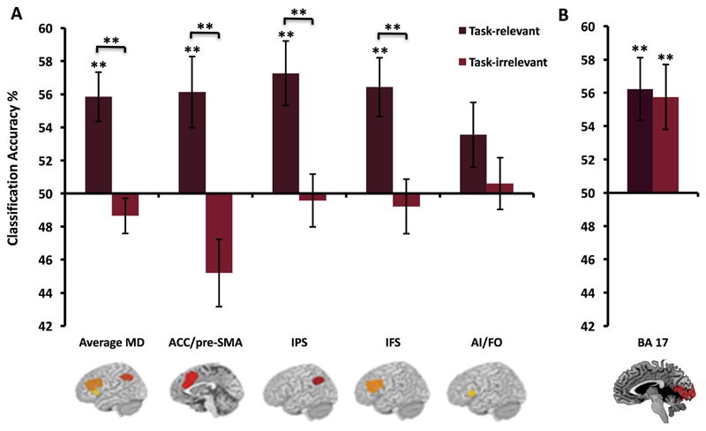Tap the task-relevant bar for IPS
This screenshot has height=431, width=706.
[x=286, y=133]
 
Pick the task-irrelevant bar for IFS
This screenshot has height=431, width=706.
[x=406, y=200]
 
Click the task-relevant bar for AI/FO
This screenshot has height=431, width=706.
[x=472, y=163]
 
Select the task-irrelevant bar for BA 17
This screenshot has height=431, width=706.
[x=665, y=145]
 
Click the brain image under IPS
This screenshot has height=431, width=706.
[x=299, y=388]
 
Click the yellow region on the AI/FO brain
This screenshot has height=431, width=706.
[x=472, y=393]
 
